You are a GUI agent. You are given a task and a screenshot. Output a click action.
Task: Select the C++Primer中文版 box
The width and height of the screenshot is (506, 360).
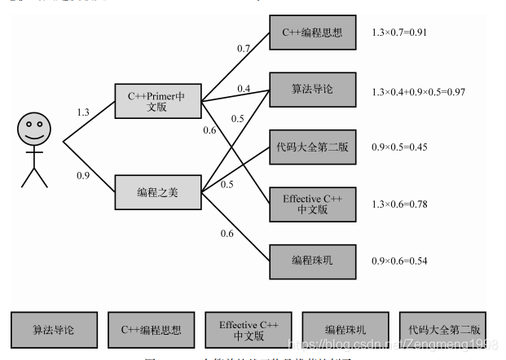point(157,102)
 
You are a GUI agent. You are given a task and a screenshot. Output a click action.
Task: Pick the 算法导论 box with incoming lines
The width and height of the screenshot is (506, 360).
point(312,89)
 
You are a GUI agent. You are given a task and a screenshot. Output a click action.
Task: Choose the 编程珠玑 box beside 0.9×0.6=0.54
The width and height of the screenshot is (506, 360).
point(312,261)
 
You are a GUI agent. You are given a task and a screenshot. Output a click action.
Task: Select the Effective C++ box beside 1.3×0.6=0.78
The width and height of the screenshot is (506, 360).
point(312,204)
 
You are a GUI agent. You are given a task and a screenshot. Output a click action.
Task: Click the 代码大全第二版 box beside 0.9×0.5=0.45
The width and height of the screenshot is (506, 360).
point(312,147)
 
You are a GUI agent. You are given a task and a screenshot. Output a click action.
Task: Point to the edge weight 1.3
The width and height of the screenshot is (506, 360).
point(83,112)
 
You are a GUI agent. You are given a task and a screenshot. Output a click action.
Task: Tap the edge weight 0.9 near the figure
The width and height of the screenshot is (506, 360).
point(83,175)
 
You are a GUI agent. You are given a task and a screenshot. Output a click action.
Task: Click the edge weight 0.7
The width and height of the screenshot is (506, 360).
point(244,49)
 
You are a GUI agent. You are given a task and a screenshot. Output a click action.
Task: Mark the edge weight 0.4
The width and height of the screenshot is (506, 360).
point(244,88)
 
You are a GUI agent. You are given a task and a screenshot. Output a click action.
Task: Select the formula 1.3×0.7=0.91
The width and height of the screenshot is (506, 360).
point(399,33)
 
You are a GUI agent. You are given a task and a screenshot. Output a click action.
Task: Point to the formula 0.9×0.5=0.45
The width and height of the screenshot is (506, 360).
point(399,147)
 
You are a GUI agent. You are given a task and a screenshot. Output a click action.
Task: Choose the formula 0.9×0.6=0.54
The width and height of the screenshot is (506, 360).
point(399,261)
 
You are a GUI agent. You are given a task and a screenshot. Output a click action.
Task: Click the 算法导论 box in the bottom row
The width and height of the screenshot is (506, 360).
point(55,330)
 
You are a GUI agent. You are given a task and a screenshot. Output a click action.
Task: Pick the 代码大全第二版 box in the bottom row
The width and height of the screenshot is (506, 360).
point(442,330)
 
